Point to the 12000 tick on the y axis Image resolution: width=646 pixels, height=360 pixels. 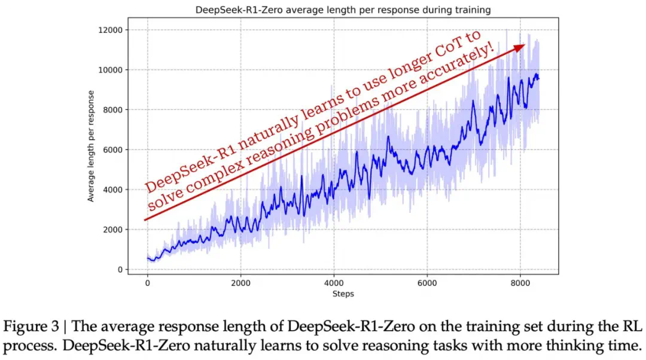pyautogui.click(x=110, y=30)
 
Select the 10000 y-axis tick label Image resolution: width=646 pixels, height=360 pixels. pyautogui.click(x=110, y=70)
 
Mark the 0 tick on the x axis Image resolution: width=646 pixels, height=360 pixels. pyautogui.click(x=147, y=283)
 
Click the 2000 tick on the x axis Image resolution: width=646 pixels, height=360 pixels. pyautogui.click(x=240, y=283)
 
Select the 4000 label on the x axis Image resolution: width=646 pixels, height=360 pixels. pyautogui.click(x=334, y=283)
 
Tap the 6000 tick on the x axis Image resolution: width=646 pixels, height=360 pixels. pyautogui.click(x=427, y=283)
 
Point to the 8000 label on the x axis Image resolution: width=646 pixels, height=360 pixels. pyautogui.click(x=520, y=283)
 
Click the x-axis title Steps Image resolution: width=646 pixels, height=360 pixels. pyautogui.click(x=343, y=294)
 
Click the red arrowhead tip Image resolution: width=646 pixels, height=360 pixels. pyautogui.click(x=524, y=45)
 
